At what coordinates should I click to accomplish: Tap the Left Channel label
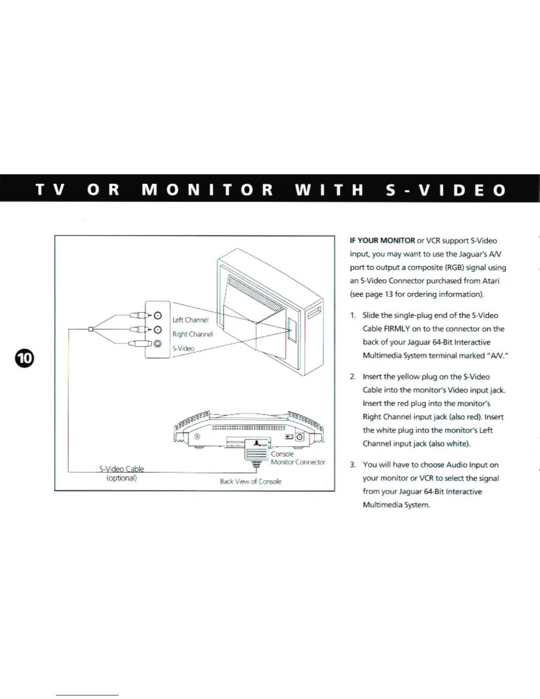190,320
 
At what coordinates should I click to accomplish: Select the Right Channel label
192,334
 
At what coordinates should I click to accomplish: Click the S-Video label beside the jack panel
183,348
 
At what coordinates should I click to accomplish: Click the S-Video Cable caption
121,469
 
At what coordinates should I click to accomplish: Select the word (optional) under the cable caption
121,478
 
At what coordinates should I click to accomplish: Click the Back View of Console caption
250,481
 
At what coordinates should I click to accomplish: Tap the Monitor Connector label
298,462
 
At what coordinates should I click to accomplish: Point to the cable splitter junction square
90,329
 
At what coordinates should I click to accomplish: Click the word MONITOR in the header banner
207,190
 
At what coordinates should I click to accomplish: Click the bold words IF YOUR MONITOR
382,241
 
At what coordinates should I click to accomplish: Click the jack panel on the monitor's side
292,329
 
